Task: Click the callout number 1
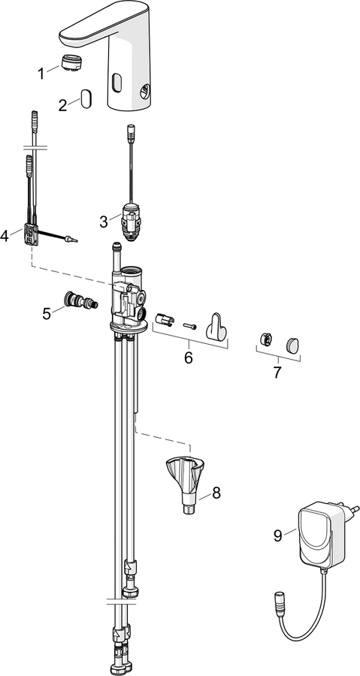(x=41, y=74)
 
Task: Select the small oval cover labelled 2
(x=86, y=98)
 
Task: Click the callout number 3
(x=104, y=222)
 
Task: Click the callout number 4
(x=5, y=236)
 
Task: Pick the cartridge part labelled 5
(x=80, y=300)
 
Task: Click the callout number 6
(x=189, y=358)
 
